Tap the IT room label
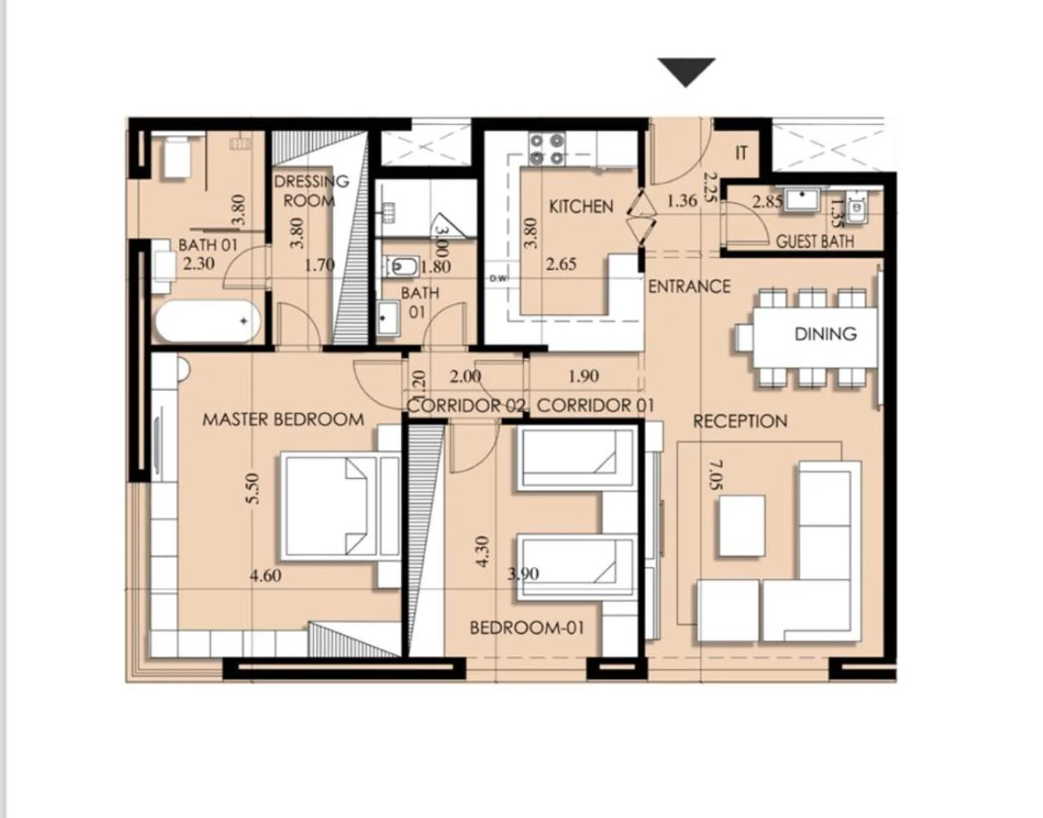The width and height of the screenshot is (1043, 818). pos(741,153)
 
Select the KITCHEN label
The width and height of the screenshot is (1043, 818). pos(581,207)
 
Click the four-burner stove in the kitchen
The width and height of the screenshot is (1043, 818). pos(547,149)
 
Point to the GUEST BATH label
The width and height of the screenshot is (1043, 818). pos(815,241)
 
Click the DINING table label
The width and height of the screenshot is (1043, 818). pos(825,334)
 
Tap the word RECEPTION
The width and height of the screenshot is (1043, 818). pos(740,421)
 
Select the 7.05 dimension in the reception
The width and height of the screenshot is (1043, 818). pos(715,475)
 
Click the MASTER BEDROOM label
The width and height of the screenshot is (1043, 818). pos(284,420)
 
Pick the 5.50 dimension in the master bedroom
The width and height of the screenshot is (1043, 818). pos(253,489)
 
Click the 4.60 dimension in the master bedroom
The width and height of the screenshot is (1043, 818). pos(266,575)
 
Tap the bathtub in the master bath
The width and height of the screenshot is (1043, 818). pos(207,321)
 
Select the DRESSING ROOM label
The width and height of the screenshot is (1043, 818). pos(310,191)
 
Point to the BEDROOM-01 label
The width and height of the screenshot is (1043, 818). pos(526,627)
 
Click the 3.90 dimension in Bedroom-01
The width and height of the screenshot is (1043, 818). pos(523,574)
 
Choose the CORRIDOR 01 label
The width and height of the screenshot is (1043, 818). pos(595,406)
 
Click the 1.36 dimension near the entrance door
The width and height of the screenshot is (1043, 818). pos(682,200)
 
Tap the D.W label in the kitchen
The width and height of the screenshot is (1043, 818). pos(498,279)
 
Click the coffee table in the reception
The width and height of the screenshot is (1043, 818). pos(742,526)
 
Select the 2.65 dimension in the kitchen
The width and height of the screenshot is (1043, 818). pos(561,264)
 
